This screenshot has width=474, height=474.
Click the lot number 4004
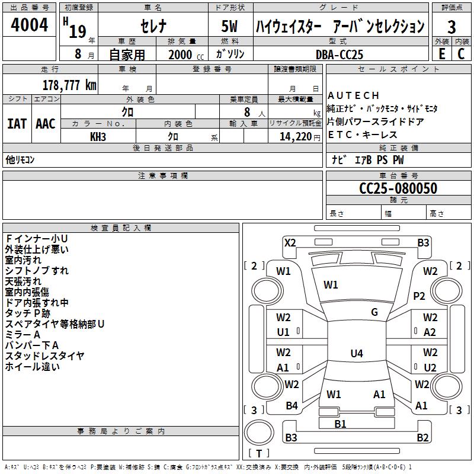(29, 25)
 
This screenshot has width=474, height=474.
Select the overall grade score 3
(451, 27)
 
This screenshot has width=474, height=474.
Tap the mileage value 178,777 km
(69, 85)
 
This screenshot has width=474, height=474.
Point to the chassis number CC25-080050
(398, 188)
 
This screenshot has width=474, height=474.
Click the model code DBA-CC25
(340, 55)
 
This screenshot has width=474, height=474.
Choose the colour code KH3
(98, 137)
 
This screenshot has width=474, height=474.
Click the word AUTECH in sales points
(353, 95)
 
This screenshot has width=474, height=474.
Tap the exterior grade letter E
(442, 54)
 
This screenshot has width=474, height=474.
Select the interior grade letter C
(461, 54)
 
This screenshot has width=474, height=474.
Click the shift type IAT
(17, 124)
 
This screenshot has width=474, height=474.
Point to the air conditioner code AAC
(46, 124)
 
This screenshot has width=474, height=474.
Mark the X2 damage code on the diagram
(290, 243)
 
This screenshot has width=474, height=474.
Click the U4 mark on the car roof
(357, 353)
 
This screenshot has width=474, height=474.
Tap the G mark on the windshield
(374, 312)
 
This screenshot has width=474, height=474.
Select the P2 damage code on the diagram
(419, 296)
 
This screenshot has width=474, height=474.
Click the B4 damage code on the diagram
(292, 406)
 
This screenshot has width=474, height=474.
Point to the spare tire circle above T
(259, 433)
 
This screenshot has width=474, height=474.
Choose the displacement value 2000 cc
(186, 55)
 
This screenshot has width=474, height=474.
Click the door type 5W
(230, 26)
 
